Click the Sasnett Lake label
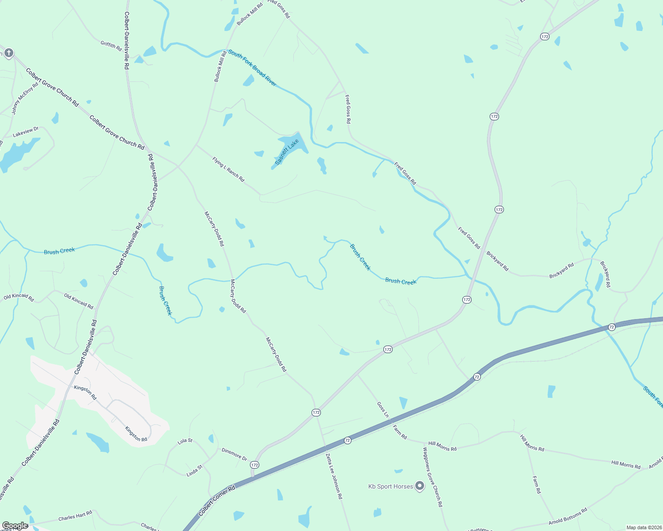tap(287, 152)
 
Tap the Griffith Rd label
tap(111, 45)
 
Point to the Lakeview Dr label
tap(25, 131)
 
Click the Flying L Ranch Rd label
tap(228, 169)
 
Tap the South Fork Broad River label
tap(252, 68)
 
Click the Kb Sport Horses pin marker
tap(419, 486)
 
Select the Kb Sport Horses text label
tap(390, 486)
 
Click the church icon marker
tap(8, 53)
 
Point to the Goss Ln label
tap(383, 409)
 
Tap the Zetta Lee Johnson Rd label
tap(334, 476)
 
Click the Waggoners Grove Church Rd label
tap(432, 477)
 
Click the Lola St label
tap(185, 441)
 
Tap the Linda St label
tap(195, 470)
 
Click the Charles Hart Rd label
tap(75, 516)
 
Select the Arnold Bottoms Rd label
tap(568, 516)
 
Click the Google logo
tap(15, 525)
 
